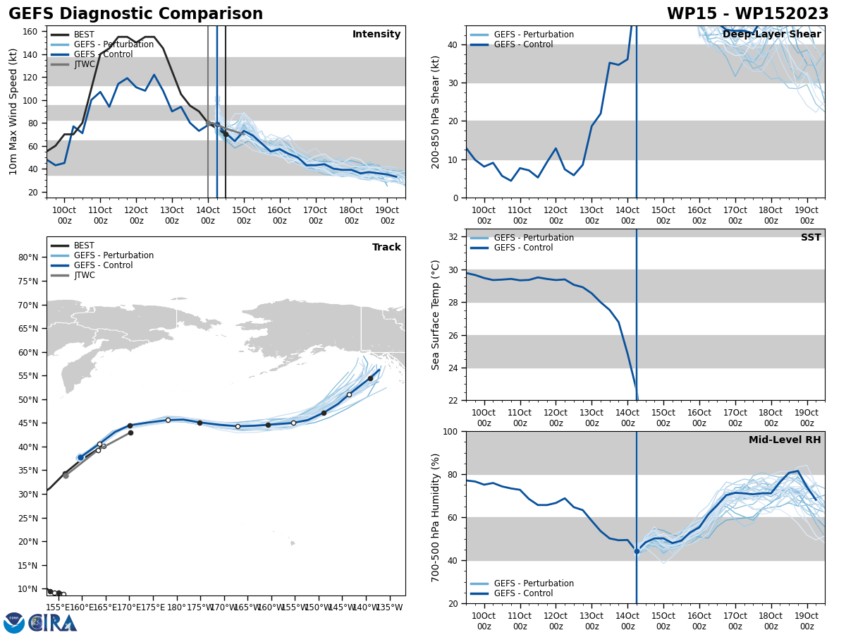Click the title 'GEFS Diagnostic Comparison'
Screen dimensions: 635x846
click(135, 14)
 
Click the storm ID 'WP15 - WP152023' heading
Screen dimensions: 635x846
click(747, 14)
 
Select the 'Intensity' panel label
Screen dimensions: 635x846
click(376, 35)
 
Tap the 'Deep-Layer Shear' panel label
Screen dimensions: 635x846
click(772, 35)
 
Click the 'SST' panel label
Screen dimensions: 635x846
click(811, 238)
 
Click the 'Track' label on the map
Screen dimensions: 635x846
click(386, 248)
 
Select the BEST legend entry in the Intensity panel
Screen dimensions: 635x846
click(84, 35)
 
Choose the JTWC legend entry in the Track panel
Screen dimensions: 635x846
click(84, 275)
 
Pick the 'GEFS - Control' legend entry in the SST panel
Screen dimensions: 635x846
click(523, 248)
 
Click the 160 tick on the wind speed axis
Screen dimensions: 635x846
click(31, 32)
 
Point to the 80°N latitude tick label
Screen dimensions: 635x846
click(29, 258)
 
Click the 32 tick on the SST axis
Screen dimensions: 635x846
click(454, 237)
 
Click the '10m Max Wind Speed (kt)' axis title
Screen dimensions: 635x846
click(14, 111)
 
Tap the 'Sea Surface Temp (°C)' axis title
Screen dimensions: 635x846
click(436, 315)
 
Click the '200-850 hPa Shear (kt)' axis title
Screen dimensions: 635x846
click(436, 111)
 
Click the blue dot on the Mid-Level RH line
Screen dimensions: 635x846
click(637, 551)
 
